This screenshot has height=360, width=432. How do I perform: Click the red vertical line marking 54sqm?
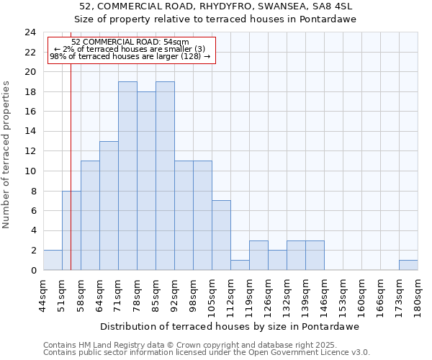click(71, 180)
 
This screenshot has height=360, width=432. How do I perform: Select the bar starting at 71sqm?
click(127, 176)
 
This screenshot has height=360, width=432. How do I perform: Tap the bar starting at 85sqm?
click(165, 176)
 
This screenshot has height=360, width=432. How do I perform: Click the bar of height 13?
click(109, 206)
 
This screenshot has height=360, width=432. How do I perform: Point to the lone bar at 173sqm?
click(408, 265)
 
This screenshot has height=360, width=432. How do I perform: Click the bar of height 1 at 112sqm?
click(240, 265)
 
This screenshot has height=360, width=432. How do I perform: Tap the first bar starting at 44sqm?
click(53, 261)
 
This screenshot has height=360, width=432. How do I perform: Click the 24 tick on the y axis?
click(30, 32)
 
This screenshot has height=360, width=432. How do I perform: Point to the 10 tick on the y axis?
click(30, 171)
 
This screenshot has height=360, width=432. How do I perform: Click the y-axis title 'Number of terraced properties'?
click(7, 154)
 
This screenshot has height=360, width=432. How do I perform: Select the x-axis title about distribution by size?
click(229, 326)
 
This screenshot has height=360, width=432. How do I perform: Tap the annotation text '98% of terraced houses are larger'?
click(130, 55)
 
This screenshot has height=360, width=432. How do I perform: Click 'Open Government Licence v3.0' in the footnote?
click(310, 353)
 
